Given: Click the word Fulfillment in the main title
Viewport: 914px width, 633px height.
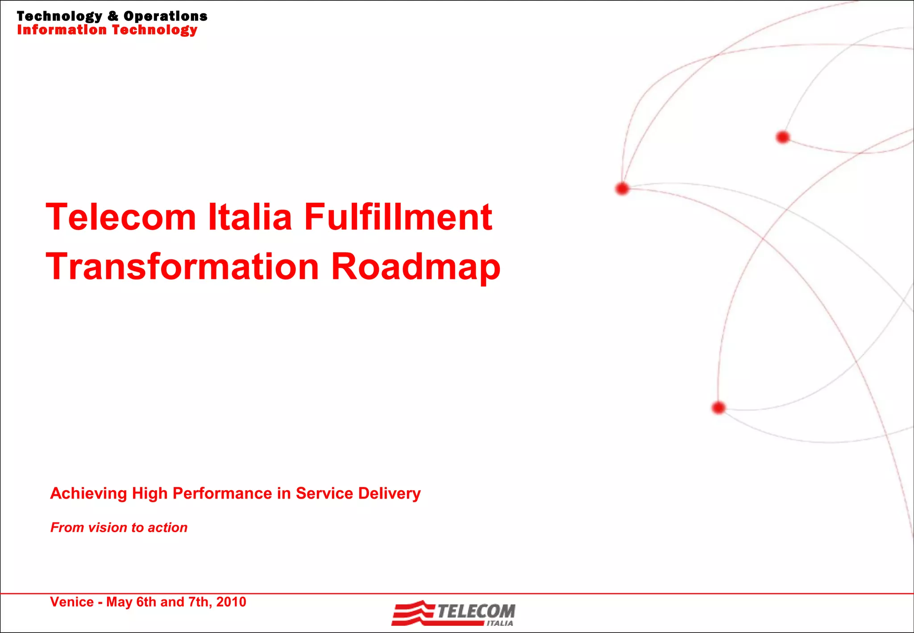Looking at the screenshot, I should click(x=398, y=217).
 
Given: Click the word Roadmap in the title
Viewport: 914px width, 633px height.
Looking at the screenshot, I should click(x=415, y=267).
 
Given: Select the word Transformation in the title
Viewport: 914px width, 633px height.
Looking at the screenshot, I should click(x=182, y=267).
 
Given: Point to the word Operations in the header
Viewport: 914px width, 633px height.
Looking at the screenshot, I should click(x=165, y=16).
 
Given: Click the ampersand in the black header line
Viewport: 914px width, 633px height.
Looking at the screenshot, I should click(x=113, y=16).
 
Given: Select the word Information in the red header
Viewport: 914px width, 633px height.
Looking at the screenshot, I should click(x=62, y=30).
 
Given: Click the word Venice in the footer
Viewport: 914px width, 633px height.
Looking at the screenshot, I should click(x=72, y=602).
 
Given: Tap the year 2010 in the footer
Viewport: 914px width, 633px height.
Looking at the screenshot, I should click(x=231, y=602).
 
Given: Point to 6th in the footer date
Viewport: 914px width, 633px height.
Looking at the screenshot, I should click(x=146, y=602).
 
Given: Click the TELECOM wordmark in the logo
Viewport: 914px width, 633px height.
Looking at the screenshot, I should click(x=476, y=611).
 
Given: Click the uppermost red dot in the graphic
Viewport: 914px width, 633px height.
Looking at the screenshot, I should click(x=783, y=137).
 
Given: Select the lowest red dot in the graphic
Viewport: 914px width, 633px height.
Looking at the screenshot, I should click(x=719, y=408).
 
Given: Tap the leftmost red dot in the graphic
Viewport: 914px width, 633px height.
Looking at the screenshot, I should click(x=622, y=189).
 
